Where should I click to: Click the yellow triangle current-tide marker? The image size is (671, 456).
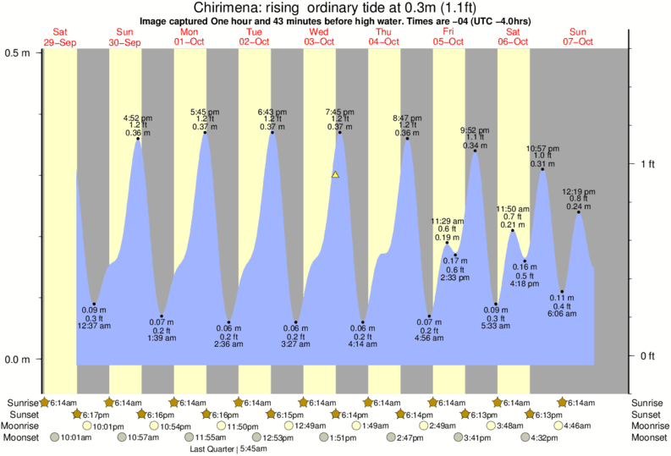(335, 175)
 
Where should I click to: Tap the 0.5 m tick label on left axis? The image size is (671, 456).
(18, 52)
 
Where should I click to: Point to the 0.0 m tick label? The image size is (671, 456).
(18, 360)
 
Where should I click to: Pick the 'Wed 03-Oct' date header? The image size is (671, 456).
(320, 36)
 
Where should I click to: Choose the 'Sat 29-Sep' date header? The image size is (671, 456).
(59, 36)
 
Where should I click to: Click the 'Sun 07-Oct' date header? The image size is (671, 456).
(580, 36)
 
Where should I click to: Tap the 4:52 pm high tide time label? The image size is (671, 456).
(138, 118)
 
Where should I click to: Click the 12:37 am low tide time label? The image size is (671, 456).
(94, 326)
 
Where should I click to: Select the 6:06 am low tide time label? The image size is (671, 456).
(562, 313)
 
